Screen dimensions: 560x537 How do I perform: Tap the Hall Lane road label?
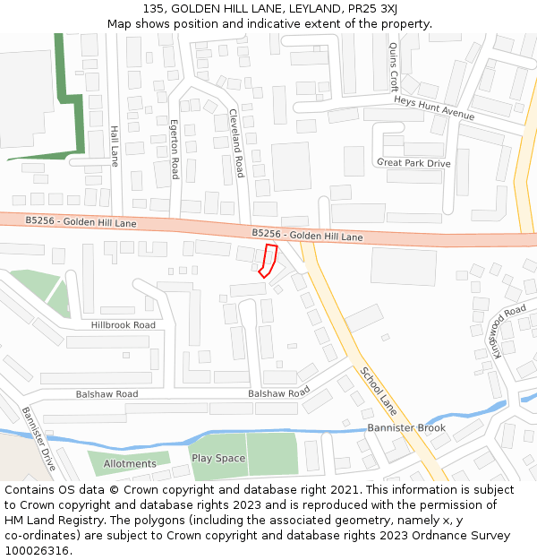pos(114,145)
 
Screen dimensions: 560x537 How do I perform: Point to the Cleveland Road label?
pos(237,142)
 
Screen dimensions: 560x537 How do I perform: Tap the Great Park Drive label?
pos(413,163)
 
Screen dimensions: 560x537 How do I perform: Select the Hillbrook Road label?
pos(123,325)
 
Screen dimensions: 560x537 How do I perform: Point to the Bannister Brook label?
pos(406,428)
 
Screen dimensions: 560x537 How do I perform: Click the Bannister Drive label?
pos(38,439)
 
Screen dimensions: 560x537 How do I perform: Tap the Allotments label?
pos(130,464)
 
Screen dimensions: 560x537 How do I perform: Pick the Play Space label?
pos(218,459)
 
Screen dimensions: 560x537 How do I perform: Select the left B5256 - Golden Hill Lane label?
pos(81,221)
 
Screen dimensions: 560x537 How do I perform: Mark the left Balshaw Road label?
pos(107,394)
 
